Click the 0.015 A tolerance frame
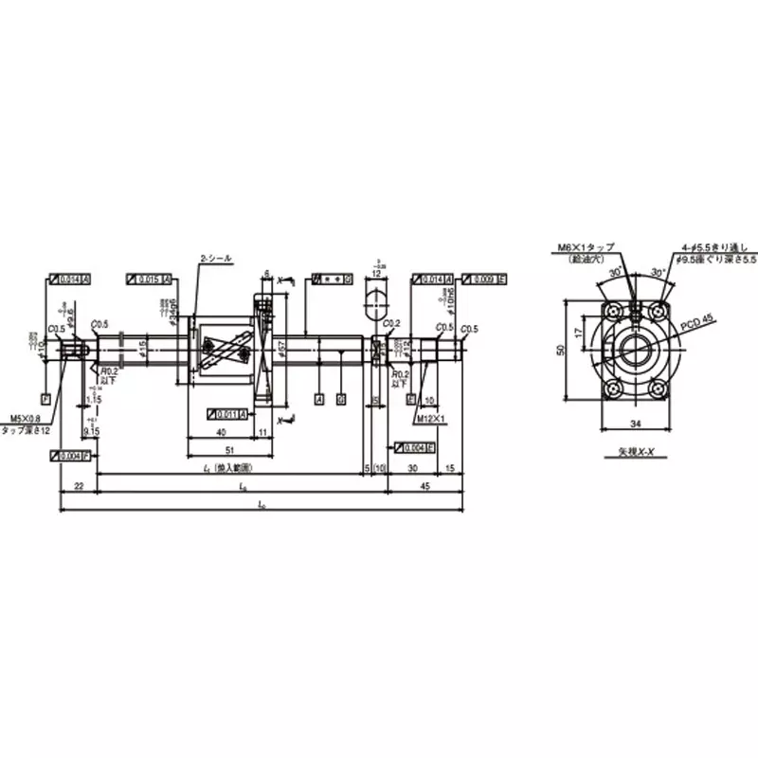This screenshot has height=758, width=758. coord(149,280)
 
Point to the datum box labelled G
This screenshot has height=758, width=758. coord(341,400)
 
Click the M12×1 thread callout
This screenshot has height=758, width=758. coord(431,417)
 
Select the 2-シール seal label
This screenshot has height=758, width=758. coord(215,258)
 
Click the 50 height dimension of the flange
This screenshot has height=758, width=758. coord(560,351)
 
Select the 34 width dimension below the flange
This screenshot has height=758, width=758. coord(629,424)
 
